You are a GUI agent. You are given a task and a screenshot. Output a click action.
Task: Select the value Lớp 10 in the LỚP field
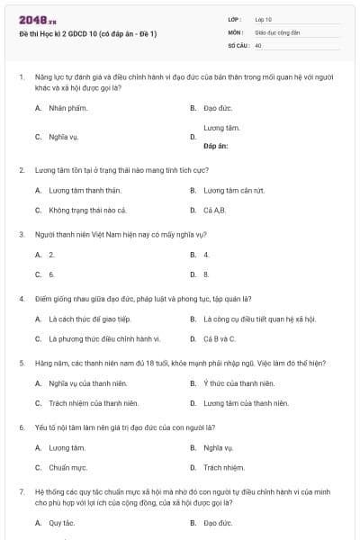pos(265,19)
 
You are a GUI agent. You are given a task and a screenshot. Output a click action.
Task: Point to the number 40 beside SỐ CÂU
pos(258,44)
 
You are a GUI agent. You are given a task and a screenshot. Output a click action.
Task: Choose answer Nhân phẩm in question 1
pos(64,107)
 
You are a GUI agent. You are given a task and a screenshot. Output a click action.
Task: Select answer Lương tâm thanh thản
pos(78,190)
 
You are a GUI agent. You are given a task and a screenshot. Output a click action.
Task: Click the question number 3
pos(22,234)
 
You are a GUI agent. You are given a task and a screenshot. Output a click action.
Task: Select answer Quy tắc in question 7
pos(61,523)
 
